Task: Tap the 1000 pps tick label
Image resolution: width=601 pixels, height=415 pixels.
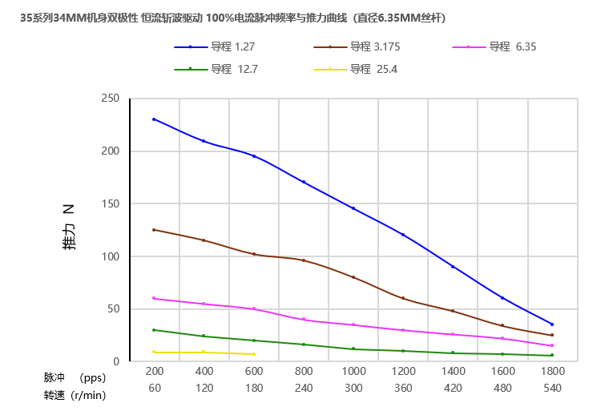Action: pyautogui.click(x=353, y=371)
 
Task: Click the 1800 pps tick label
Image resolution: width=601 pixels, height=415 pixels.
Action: pyautogui.click(x=552, y=371)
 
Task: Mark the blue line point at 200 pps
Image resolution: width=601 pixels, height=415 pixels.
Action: pyautogui.click(x=154, y=119)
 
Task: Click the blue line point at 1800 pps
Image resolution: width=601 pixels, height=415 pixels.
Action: pyautogui.click(x=552, y=324)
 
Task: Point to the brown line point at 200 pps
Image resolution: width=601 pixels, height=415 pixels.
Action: pyautogui.click(x=154, y=230)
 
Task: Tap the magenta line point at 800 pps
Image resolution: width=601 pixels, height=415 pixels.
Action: pyautogui.click(x=304, y=319)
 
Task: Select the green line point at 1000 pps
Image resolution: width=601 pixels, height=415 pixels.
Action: pyautogui.click(x=353, y=349)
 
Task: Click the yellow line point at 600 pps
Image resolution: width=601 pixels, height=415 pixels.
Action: pyautogui.click(x=254, y=354)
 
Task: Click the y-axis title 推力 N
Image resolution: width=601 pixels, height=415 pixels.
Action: pyautogui.click(x=69, y=228)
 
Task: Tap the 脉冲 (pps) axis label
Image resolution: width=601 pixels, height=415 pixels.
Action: pyautogui.click(x=74, y=377)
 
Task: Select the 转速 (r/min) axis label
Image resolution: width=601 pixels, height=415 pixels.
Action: pyautogui.click(x=74, y=395)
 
